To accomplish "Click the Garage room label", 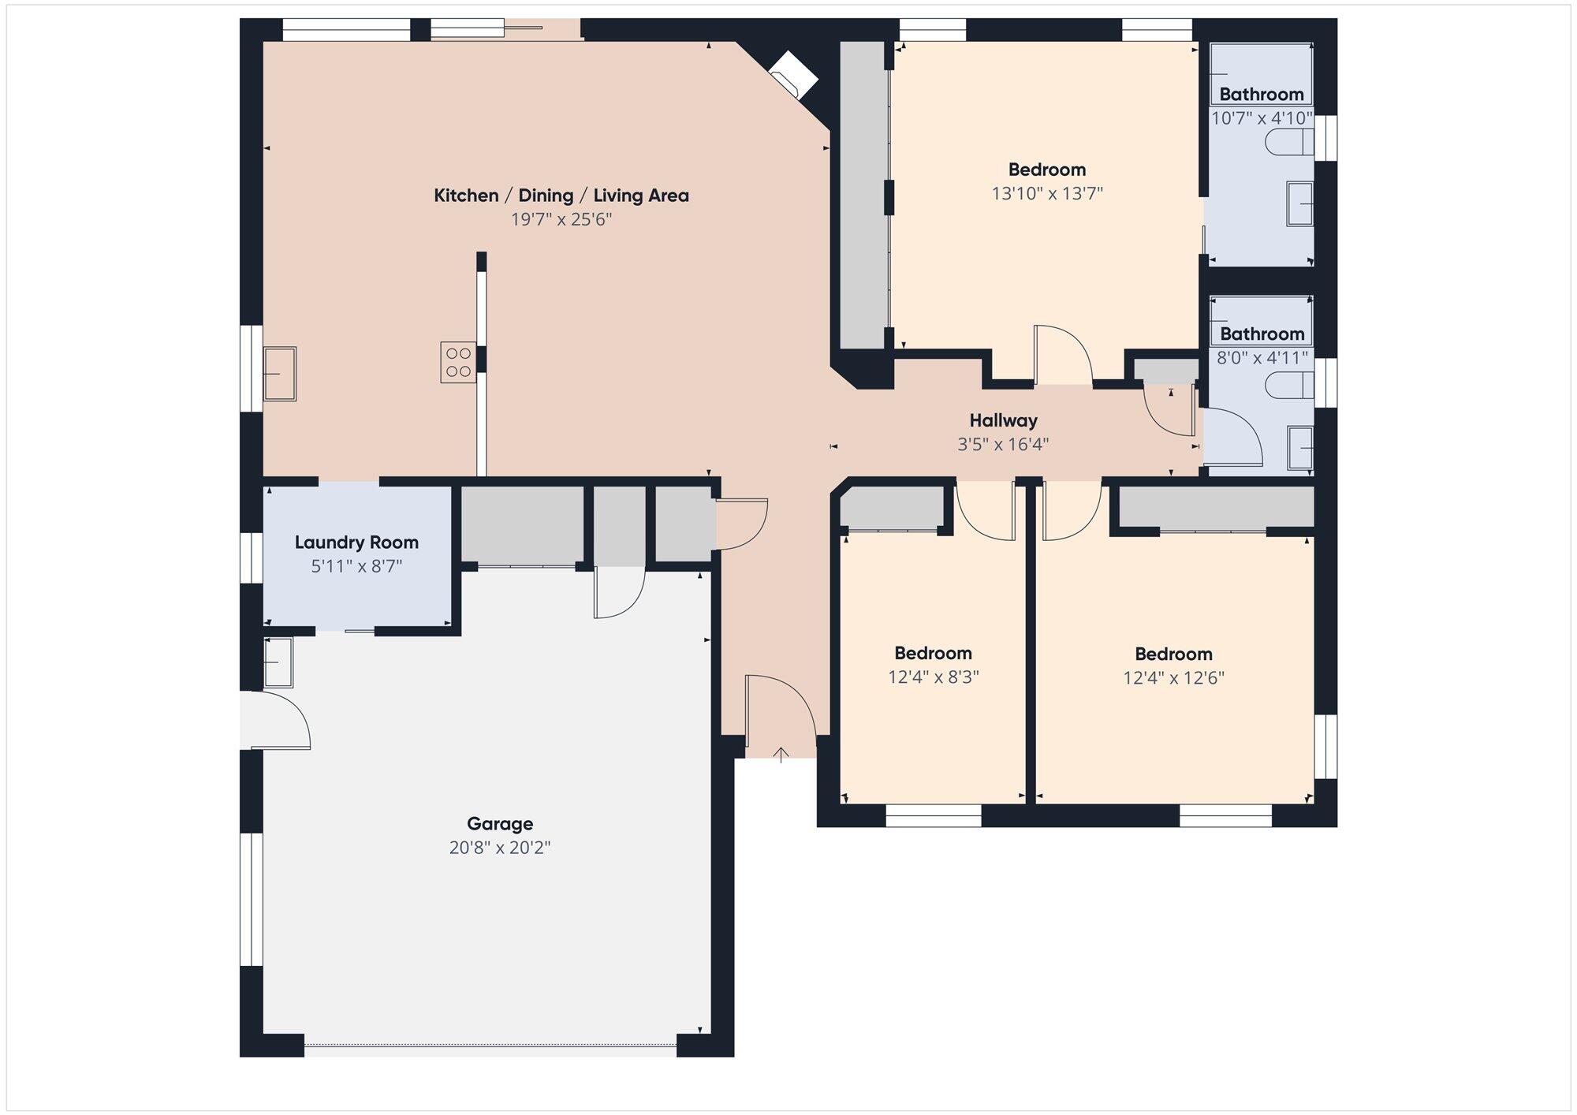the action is pyautogui.click(x=500, y=824).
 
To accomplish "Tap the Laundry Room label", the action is pyautogui.click(x=356, y=543).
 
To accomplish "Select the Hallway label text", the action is pyautogui.click(x=1003, y=420).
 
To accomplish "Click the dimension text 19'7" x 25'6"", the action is pyautogui.click(x=561, y=219).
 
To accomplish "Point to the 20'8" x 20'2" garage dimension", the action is pyautogui.click(x=500, y=848).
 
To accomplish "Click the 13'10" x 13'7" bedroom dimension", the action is pyautogui.click(x=1047, y=193).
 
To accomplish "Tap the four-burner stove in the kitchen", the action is pyautogui.click(x=458, y=362).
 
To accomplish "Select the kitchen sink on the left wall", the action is pyautogui.click(x=279, y=374).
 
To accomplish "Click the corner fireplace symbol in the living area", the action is pyautogui.click(x=793, y=75).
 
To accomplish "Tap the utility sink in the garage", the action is pyautogui.click(x=278, y=662).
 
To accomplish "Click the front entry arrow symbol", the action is pyautogui.click(x=781, y=755).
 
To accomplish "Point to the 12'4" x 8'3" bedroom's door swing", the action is pyautogui.click(x=986, y=513).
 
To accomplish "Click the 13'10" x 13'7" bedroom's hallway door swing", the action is pyautogui.click(x=1063, y=355).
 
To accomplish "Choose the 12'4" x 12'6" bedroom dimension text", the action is pyautogui.click(x=1173, y=678).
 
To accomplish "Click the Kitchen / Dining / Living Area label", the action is pyautogui.click(x=561, y=196).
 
